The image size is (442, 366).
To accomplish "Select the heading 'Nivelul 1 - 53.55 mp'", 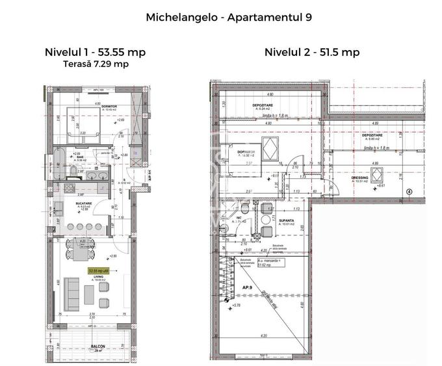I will coord(96,52).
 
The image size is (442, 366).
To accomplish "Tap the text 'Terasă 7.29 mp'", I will coord(96,64).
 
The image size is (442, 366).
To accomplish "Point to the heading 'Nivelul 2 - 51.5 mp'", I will coord(312,52).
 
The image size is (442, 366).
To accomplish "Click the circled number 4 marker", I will coord(409,192).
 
